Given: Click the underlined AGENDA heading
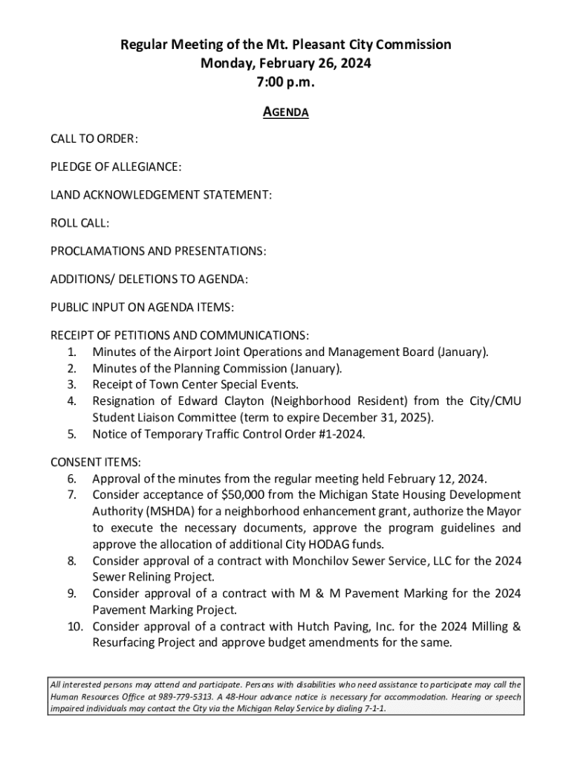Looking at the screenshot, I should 286,112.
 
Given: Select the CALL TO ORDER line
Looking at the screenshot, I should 94,140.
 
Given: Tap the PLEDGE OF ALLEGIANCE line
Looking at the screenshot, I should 116,167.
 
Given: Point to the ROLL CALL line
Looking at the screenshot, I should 79,223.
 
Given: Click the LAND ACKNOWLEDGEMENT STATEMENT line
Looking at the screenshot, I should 161,195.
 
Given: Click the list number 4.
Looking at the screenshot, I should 72,401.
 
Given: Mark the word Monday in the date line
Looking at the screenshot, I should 225,64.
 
